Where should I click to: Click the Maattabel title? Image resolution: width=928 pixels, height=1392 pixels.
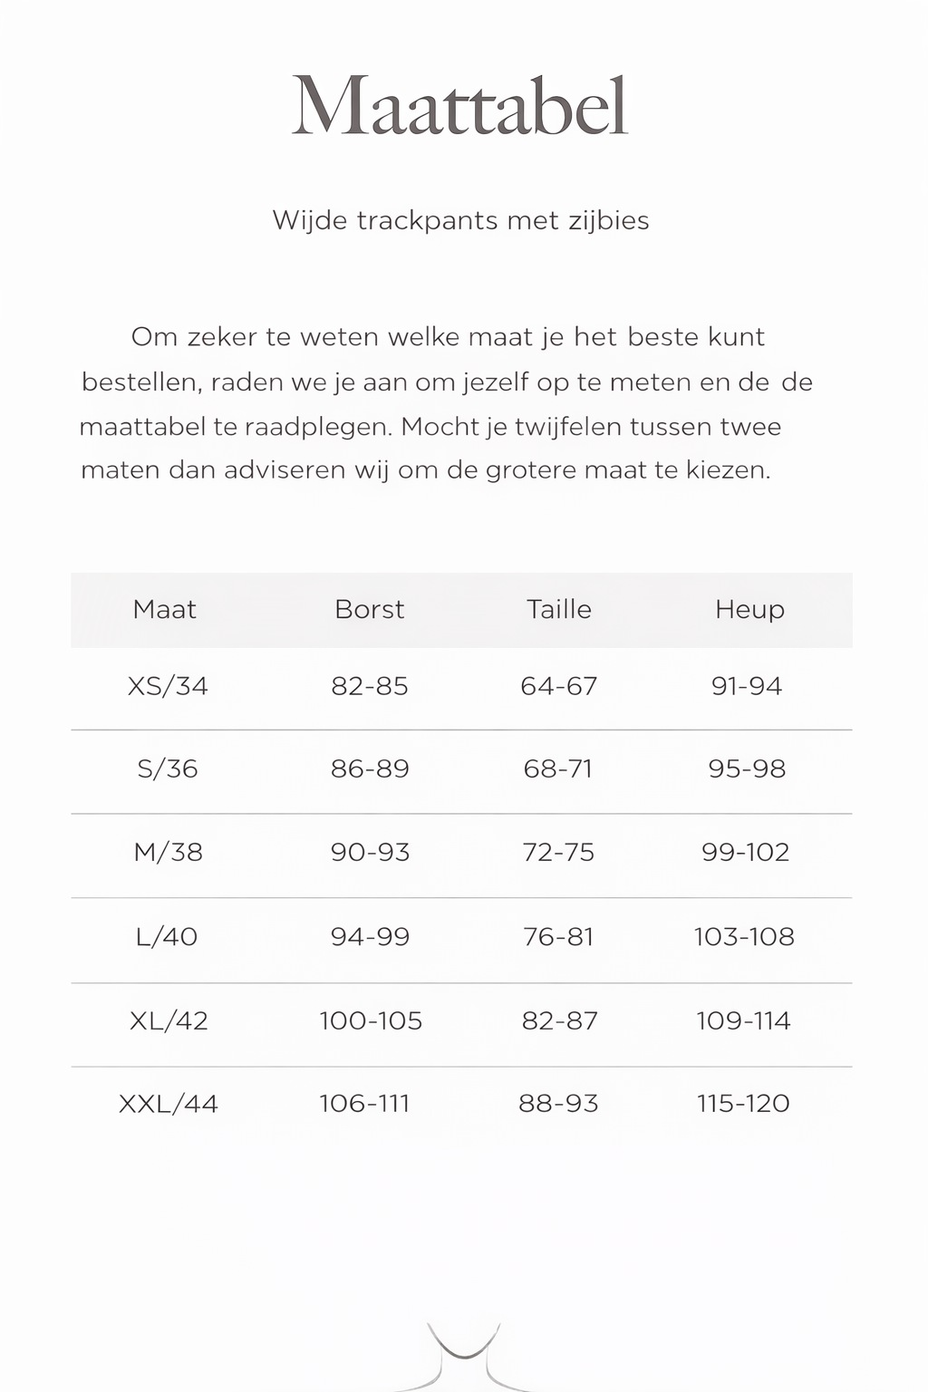[x=459, y=107]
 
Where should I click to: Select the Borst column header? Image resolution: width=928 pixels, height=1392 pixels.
[x=369, y=609]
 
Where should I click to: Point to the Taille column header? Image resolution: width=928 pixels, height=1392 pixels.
[x=558, y=609]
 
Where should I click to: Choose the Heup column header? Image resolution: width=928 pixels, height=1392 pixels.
[x=749, y=609]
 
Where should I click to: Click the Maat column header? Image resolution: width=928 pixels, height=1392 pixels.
[x=164, y=609]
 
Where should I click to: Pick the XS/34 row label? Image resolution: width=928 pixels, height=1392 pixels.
[x=168, y=686]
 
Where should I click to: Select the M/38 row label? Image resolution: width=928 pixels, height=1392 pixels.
[x=168, y=852]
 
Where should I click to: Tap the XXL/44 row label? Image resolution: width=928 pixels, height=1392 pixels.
[x=169, y=1104]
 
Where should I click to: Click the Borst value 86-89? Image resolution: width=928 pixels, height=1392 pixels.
[x=370, y=769]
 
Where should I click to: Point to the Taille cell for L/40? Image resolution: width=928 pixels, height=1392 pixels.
[x=558, y=936]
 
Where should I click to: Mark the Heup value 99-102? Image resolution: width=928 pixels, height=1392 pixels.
[x=746, y=852]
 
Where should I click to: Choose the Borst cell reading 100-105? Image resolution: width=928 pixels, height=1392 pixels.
[x=371, y=1020]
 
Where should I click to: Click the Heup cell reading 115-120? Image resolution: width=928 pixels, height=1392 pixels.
[x=743, y=1104]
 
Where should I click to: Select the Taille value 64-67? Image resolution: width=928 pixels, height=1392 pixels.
[x=558, y=686]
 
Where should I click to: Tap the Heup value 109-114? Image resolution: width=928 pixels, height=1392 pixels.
[x=743, y=1020]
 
